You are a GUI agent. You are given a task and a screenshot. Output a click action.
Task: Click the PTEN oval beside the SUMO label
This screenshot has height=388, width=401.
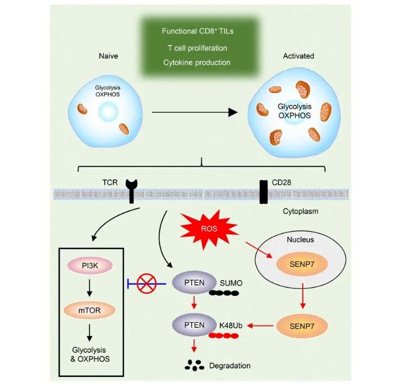pyautogui.click(x=190, y=283)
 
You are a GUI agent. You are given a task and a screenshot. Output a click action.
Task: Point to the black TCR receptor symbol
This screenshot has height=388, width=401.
pyautogui.click(x=132, y=190)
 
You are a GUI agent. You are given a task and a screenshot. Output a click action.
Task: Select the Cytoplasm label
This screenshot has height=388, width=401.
pyautogui.click(x=297, y=212)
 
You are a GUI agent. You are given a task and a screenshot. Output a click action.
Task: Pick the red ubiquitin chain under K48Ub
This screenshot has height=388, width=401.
pyautogui.click(x=224, y=337)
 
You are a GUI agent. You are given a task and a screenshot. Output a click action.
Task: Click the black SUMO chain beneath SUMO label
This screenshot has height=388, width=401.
pyautogui.click(x=225, y=293)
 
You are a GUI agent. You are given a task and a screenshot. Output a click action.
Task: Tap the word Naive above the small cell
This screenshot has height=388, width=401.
pyautogui.click(x=110, y=56)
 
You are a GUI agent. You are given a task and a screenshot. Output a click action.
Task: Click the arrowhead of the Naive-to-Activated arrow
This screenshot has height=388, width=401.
pyautogui.click(x=233, y=111)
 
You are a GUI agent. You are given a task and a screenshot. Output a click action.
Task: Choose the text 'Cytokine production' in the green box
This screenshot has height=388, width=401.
pyautogui.click(x=197, y=62)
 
